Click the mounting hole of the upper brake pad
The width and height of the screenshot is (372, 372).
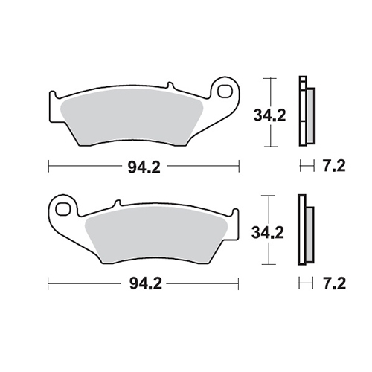[224, 92]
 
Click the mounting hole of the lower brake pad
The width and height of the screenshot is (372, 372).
[62, 209]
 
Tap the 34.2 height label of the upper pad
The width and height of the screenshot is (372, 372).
[269, 115]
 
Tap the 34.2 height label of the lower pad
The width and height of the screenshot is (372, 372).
[268, 233]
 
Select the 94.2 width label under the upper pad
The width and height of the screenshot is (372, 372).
[144, 167]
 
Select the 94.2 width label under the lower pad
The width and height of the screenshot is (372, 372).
[146, 283]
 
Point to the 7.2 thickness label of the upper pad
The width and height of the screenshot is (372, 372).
[334, 166]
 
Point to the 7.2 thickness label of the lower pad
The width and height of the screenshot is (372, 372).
[334, 283]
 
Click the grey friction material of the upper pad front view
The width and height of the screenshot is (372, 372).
[132, 117]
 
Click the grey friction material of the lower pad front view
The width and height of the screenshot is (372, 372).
[156, 234]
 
